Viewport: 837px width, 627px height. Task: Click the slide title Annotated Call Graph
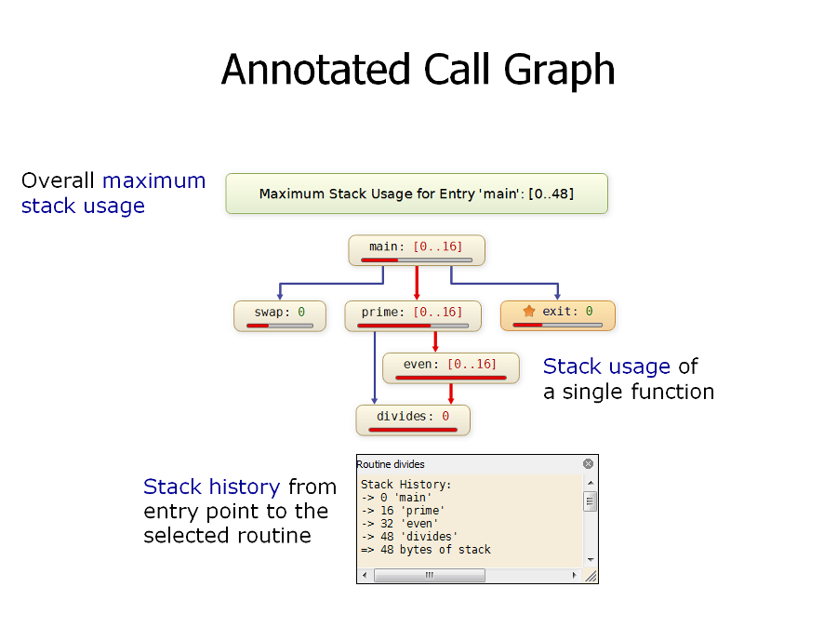(x=418, y=70)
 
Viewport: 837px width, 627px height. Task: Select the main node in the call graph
(x=417, y=250)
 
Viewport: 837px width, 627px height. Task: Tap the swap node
(x=280, y=315)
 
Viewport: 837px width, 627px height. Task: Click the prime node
(x=413, y=315)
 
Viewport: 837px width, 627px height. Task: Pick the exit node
(x=557, y=315)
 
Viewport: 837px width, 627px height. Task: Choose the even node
(x=451, y=368)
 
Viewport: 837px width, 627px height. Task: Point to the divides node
(x=413, y=420)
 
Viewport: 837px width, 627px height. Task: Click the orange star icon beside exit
(x=528, y=311)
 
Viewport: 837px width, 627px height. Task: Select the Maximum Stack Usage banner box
(x=417, y=193)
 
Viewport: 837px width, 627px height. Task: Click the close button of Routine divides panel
(x=589, y=463)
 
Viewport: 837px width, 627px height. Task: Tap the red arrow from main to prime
(x=417, y=283)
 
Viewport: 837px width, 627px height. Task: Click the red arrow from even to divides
(x=451, y=394)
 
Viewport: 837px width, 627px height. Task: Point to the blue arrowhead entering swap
(x=280, y=295)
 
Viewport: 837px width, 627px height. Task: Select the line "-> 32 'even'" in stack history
(x=400, y=524)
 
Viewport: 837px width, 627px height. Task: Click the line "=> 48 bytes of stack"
(x=425, y=550)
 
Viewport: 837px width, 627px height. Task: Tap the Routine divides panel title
(x=391, y=464)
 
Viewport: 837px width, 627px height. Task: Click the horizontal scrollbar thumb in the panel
(x=430, y=575)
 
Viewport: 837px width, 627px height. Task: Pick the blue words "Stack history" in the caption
(x=212, y=487)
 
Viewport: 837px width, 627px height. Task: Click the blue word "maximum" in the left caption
(x=153, y=180)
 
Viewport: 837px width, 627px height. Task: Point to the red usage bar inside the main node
(x=379, y=260)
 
